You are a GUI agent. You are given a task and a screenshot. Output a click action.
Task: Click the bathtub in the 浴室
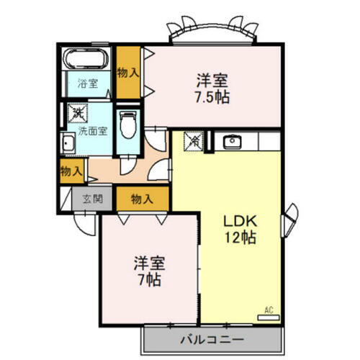click(x=86, y=59)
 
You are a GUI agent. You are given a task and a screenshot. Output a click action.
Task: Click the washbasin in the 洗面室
click(x=69, y=143)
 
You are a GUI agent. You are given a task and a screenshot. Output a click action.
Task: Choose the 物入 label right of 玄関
click(x=143, y=199)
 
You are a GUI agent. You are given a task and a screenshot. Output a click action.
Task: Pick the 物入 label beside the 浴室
click(x=128, y=73)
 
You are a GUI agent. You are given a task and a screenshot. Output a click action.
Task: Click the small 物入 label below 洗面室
click(x=70, y=171)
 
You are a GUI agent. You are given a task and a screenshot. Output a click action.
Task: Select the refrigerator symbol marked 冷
click(x=194, y=141)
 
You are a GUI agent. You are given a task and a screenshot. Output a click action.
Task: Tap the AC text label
click(x=269, y=310)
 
